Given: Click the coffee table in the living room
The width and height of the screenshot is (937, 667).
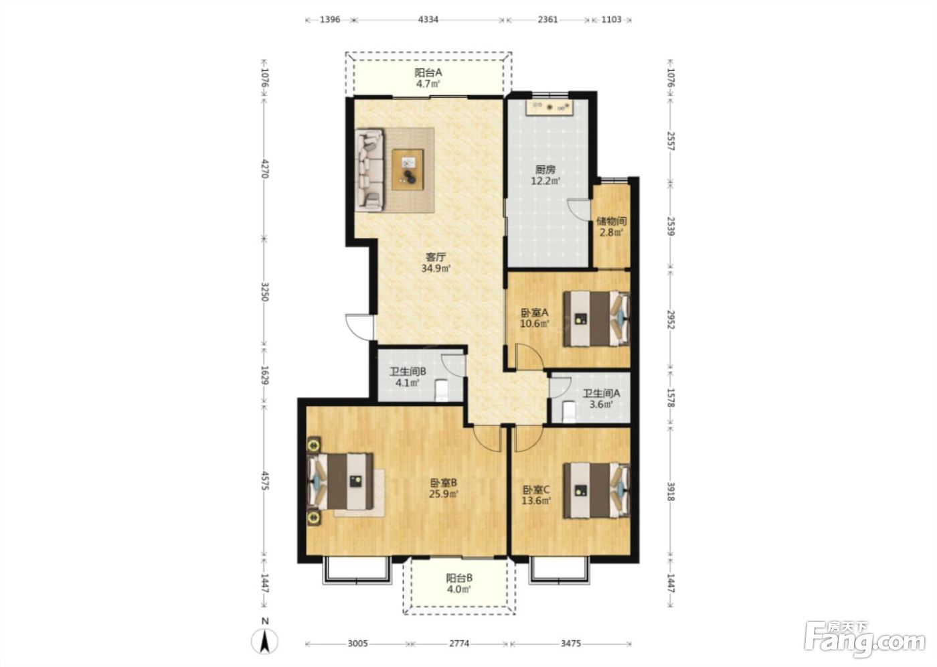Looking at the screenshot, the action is point(408,169).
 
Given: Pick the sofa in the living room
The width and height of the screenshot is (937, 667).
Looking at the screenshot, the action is point(369,170).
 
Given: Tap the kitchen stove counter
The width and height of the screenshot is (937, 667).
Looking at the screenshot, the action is point(549,107).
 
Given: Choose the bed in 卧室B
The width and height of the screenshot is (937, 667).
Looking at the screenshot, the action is point(340,481).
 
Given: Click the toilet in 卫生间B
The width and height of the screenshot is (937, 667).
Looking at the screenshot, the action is point(441,390).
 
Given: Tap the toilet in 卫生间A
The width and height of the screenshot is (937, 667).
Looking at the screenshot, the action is point(569,412).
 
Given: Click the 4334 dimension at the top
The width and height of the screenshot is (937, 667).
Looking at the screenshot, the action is point(428,19).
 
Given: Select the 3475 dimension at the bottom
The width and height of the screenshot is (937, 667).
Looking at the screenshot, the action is point(570,644).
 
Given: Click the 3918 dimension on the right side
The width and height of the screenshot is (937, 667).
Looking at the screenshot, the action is point(671,492).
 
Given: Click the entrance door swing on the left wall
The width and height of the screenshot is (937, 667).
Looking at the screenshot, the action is point(359,326).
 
